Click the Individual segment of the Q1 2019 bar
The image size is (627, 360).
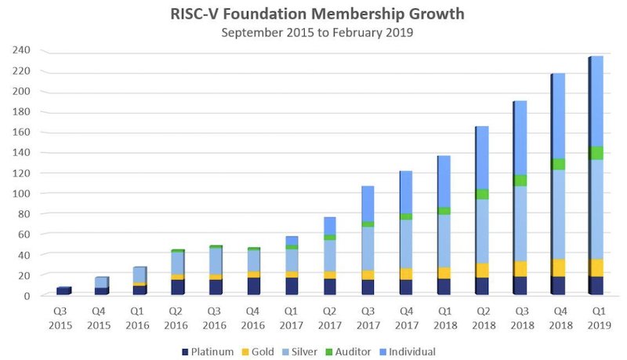pyautogui.click(x=596, y=102)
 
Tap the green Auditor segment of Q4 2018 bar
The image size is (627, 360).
pyautogui.click(x=558, y=164)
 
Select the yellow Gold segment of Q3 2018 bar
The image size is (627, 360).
pyautogui.click(x=520, y=268)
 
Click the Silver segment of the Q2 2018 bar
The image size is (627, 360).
pyautogui.click(x=482, y=231)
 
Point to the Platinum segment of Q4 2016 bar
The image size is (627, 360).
pyautogui.click(x=254, y=285)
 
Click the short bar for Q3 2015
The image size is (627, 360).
pyautogui.click(x=63, y=291)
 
